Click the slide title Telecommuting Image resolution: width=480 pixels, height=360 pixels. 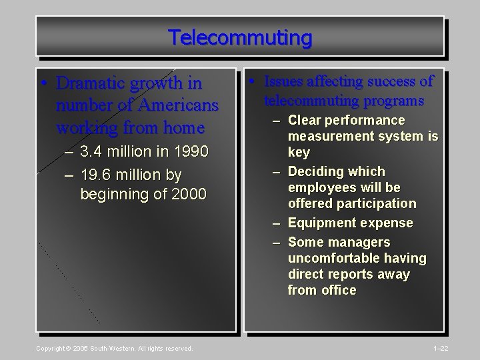coord(239,37)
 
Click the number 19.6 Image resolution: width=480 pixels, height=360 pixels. coord(95,175)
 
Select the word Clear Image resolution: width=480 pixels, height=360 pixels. coord(305,121)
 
